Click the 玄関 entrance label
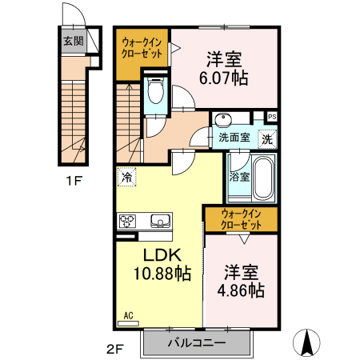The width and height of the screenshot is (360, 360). coord(73,40)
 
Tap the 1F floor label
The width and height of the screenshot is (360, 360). coord(73,181)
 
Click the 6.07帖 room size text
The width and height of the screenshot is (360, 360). coord(224,78)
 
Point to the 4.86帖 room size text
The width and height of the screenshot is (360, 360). coord(241,290)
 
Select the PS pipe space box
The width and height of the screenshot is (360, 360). coord(272,117)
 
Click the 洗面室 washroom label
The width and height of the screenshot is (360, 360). coord(234,138)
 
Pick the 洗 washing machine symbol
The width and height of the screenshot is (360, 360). coord(267,137)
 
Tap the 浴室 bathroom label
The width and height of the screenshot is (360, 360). coord(238,176)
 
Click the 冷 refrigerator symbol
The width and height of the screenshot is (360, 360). coord(126,177)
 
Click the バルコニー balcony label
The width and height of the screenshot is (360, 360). coord(197,343)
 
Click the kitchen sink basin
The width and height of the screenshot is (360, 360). coord(158,220)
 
